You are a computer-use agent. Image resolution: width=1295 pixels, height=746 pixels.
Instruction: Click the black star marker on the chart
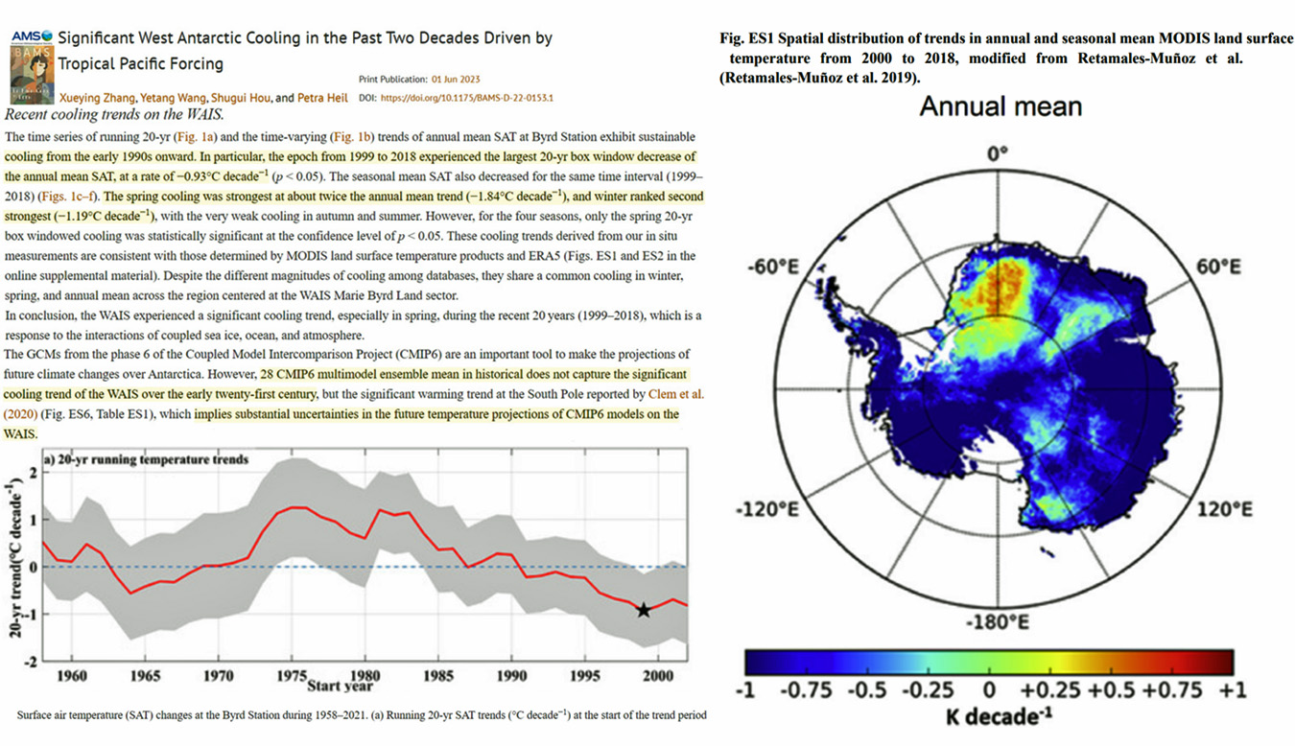click(x=644, y=610)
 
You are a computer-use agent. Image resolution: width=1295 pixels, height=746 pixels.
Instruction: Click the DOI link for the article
click(x=468, y=98)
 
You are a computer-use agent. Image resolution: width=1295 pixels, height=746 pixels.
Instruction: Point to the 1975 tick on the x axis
click(x=292, y=676)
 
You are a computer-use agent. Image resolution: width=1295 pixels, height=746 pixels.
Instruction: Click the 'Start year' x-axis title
click(x=341, y=687)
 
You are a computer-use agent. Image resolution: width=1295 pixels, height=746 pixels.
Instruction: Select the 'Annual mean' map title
click(x=1001, y=106)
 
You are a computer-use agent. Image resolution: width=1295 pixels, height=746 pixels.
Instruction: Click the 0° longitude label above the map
click(x=1001, y=152)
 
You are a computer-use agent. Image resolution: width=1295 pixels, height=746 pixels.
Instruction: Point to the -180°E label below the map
click(x=1001, y=623)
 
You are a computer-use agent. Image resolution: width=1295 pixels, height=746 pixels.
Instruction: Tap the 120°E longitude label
click(x=1224, y=508)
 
